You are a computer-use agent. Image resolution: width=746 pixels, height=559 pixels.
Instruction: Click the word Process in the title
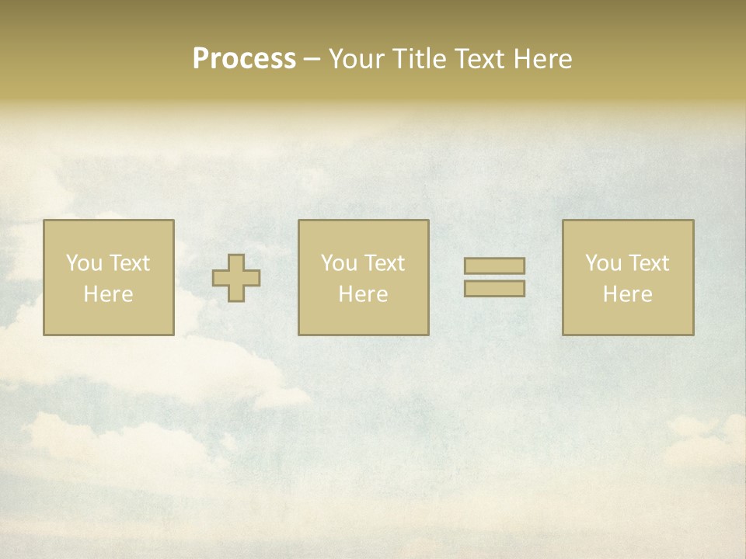pos(244,59)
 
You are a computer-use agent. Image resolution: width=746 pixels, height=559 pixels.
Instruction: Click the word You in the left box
pos(84,263)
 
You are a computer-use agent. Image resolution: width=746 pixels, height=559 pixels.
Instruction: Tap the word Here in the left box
pos(108,294)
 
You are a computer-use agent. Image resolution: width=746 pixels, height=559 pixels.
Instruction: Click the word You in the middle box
pos(339,263)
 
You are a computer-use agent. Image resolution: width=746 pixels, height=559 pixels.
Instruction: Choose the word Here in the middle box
pos(363,294)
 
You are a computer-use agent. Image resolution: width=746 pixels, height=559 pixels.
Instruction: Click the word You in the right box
pos(603,263)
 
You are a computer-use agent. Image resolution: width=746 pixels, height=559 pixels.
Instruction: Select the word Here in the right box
pos(627,294)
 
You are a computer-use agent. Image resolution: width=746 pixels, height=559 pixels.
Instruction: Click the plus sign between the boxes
pos(236,278)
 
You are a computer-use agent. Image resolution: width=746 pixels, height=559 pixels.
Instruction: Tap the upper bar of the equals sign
pos(494,266)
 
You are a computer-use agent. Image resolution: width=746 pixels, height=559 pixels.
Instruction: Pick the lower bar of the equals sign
pos(494,288)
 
